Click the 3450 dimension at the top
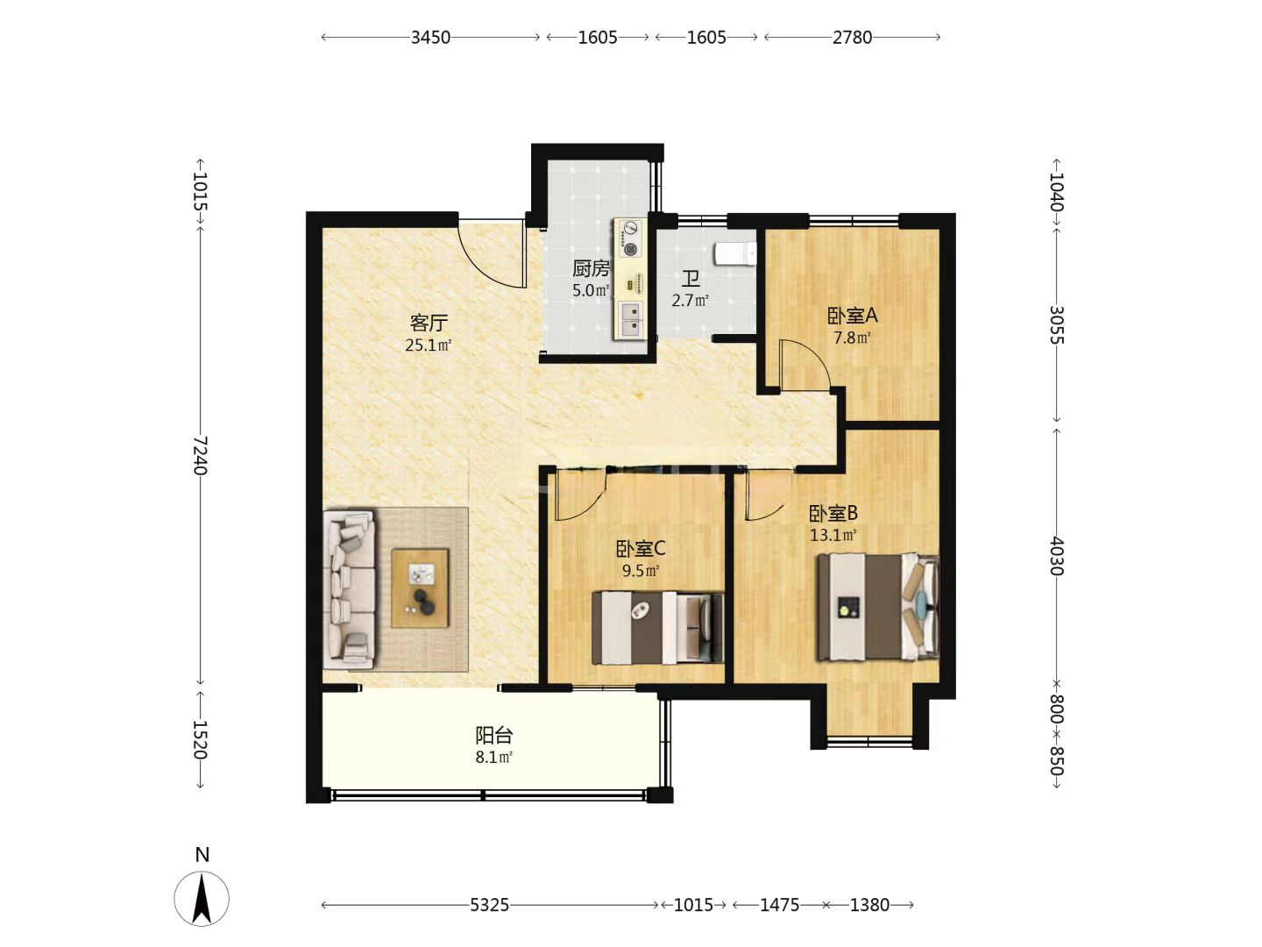coord(430,38)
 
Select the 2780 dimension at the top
coord(852,38)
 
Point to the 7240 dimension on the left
coord(200,455)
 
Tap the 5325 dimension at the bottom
coord(489,905)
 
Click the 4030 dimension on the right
coord(1057,556)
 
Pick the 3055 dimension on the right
coord(1057,324)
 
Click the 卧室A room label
coord(852,316)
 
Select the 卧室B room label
coord(833,512)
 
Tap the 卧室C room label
coord(641,549)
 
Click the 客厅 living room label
coord(429,323)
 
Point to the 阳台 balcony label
coord(494,735)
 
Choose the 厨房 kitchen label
coord(591,268)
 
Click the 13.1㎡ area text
coord(833,535)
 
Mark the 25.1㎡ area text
coord(429,345)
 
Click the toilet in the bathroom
coord(735,253)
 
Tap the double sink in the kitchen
coord(631,319)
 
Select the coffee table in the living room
coord(420,588)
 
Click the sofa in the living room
coord(349,589)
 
